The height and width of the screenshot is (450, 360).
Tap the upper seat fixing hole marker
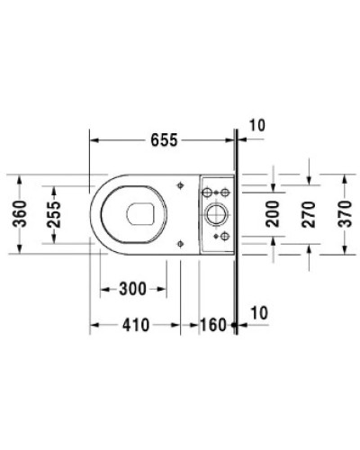[x=182, y=186]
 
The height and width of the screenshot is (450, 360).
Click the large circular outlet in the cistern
[x=216, y=214]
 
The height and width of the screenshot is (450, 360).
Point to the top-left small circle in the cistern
[x=206, y=193]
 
